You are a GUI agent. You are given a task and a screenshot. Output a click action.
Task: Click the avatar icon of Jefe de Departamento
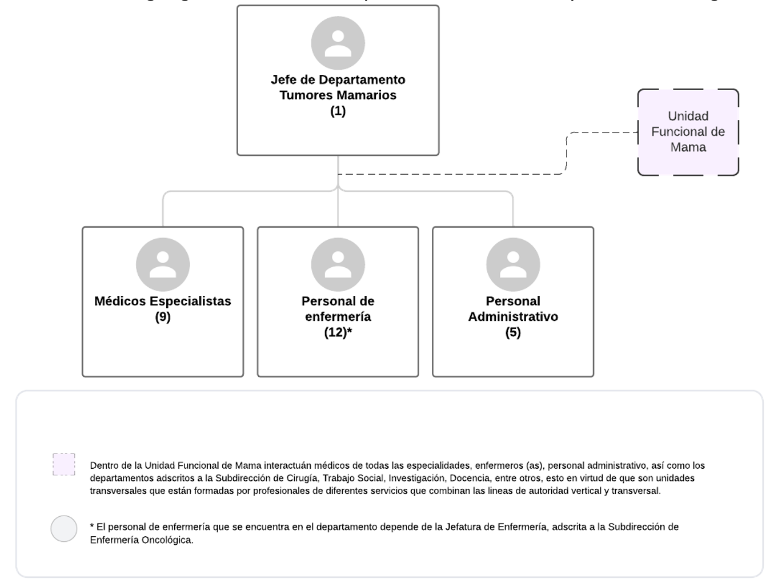pos(338,43)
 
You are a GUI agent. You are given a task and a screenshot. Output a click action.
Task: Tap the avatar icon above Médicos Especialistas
pos(163,264)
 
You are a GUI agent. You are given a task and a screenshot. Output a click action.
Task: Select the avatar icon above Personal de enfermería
pos(338,264)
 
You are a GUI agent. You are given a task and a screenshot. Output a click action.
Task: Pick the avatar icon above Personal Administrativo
pos(513,264)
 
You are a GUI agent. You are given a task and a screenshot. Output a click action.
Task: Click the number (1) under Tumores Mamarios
pos(338,111)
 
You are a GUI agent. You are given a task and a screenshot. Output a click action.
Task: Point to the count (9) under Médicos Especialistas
pos(163,317)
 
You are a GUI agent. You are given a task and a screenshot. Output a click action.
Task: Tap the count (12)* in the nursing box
pos(338,332)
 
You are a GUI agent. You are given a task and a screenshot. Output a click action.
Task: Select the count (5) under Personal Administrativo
pos(513,332)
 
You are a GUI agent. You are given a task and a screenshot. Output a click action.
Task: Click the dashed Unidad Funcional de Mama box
pos(688,132)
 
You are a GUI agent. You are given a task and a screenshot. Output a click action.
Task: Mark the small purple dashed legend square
pos(64,464)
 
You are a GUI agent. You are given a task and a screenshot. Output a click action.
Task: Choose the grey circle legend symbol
pos(64,528)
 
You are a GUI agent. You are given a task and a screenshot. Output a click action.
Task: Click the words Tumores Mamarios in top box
pos(338,95)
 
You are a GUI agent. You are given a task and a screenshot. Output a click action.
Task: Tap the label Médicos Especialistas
pos(163,301)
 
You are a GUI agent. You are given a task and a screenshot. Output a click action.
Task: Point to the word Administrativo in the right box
pos(513,317)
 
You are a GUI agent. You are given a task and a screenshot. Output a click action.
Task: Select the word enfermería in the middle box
pos(338,317)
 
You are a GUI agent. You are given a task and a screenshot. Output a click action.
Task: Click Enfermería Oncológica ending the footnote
pos(141,540)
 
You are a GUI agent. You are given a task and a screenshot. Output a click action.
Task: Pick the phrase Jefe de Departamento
pos(338,80)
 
